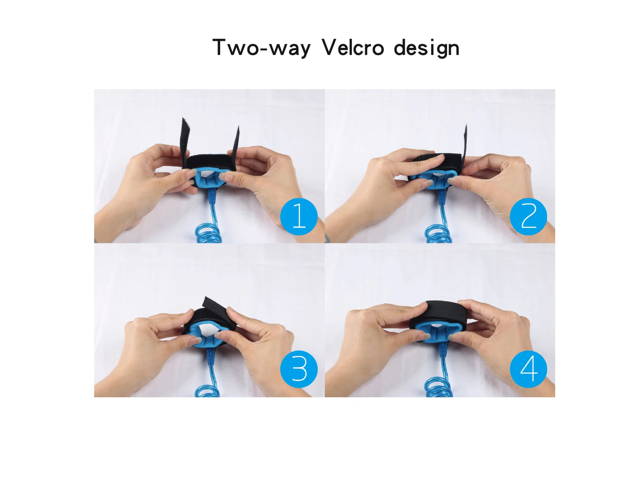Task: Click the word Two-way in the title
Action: tap(261, 48)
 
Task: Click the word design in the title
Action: tap(427, 48)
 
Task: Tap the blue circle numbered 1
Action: tap(299, 216)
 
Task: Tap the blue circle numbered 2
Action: tap(528, 216)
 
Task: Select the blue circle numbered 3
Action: tap(299, 370)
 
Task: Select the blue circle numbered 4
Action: tap(528, 370)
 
